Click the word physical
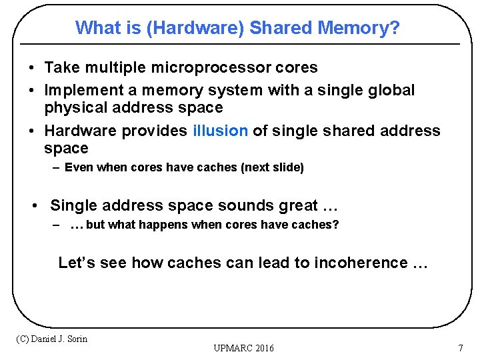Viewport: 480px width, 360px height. [75, 108]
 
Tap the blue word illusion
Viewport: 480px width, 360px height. [220, 131]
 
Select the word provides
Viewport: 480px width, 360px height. [155, 131]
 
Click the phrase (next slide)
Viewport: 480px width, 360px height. [273, 168]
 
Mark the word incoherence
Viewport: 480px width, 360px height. [361, 263]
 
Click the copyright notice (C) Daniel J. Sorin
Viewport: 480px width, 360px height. [51, 339]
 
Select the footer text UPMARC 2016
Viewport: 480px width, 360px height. [243, 348]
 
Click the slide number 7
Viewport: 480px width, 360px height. [460, 348]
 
